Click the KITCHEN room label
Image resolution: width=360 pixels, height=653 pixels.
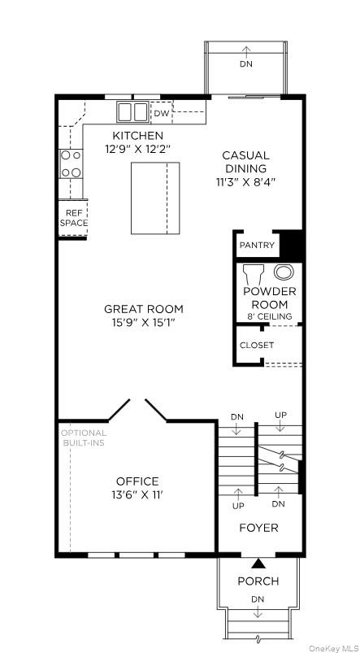point(137,135)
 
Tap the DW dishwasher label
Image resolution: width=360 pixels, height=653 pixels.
point(162,114)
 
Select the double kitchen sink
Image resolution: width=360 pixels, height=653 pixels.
point(133,111)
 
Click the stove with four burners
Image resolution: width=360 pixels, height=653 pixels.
point(71,163)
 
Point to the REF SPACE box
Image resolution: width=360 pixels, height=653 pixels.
point(73,217)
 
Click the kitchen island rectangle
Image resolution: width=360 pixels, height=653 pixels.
point(155,198)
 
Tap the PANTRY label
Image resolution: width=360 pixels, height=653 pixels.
point(257,245)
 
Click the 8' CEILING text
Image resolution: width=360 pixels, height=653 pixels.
point(269,316)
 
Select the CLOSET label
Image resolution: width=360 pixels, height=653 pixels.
point(257,345)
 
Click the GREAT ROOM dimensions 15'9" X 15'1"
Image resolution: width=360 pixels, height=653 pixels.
point(143,323)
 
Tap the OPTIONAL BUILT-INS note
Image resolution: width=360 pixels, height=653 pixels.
point(84,438)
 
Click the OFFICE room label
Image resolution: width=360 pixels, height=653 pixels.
point(137,481)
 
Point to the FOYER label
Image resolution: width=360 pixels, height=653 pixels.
point(258,528)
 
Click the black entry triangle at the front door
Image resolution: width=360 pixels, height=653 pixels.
point(258,562)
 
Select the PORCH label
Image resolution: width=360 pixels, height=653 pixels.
point(258,581)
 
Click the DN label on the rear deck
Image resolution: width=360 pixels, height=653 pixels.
point(245,63)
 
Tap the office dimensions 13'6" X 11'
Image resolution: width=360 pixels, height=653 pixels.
point(137,494)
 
